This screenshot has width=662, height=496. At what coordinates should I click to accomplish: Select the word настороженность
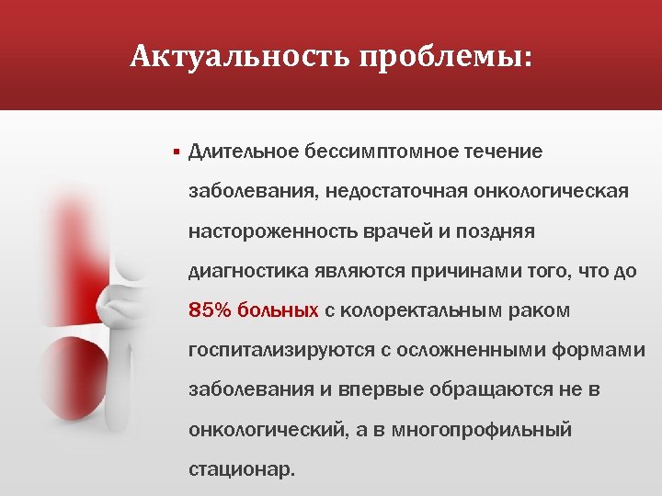(266, 231)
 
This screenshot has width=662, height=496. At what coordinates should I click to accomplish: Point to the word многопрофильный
(497, 430)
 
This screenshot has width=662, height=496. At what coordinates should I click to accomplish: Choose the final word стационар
(242, 469)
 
